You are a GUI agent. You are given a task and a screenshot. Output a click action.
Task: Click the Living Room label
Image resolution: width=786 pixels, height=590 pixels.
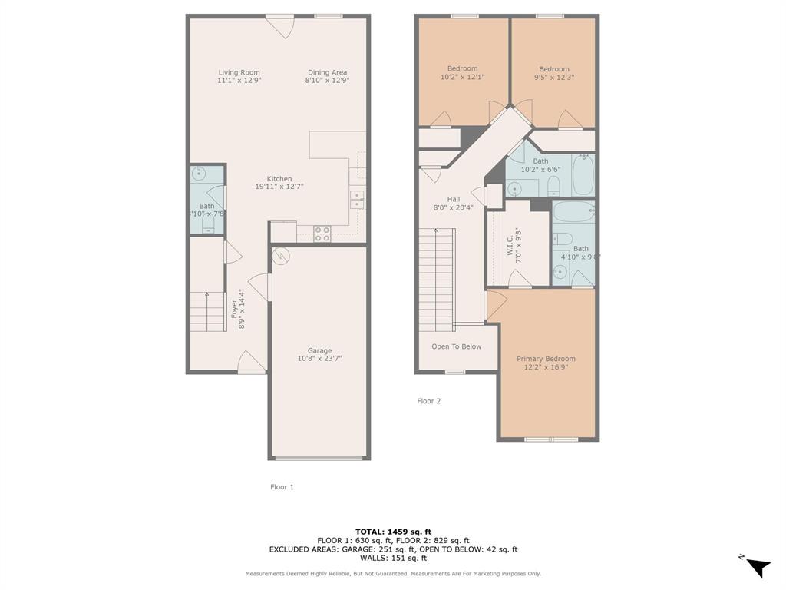pos(239,72)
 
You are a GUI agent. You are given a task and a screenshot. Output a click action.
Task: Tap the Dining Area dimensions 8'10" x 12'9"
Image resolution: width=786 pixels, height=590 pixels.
pos(327,80)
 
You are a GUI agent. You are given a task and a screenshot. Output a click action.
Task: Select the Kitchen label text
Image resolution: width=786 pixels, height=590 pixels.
pos(279,179)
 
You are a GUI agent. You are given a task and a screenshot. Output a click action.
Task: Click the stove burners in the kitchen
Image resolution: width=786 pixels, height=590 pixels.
pos(322,234)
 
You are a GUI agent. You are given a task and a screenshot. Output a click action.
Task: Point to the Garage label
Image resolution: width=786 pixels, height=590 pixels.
pos(319,350)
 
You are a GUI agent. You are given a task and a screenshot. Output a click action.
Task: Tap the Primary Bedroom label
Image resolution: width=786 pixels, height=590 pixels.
pos(546,359)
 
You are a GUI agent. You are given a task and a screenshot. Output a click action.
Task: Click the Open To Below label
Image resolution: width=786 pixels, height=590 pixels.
pos(456,346)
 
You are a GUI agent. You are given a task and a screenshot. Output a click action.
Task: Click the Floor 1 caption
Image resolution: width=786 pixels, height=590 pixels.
pos(282,487)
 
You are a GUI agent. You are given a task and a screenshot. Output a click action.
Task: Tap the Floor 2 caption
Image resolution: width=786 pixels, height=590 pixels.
pos(428,401)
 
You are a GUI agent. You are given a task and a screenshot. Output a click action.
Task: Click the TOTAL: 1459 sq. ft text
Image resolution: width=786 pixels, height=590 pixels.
pos(393,532)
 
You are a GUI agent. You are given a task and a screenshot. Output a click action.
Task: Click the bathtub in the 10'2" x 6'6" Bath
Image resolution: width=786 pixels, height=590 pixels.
pos(583,174)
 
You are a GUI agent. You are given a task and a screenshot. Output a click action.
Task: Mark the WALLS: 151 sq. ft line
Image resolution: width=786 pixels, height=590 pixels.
pos(393,559)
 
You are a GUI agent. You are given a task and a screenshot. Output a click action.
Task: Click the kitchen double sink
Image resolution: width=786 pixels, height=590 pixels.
pos(357,200)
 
